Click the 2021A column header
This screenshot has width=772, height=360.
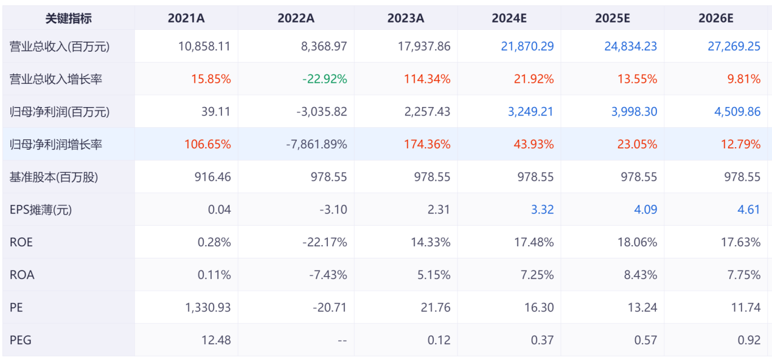186,18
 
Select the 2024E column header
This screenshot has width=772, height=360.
509,18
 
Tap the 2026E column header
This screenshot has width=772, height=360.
716,18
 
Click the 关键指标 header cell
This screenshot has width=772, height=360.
69,18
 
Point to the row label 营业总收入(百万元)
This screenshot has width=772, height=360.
60,46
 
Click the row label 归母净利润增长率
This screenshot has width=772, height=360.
56,145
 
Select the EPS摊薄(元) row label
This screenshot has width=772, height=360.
41,210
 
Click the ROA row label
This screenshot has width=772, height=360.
22,275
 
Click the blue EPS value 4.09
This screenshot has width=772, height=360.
646,210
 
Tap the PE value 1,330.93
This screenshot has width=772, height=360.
208,308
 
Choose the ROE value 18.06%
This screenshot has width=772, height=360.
637,243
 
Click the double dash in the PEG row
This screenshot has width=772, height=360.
342,341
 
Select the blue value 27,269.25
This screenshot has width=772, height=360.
734,46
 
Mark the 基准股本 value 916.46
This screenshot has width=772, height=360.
213,177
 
